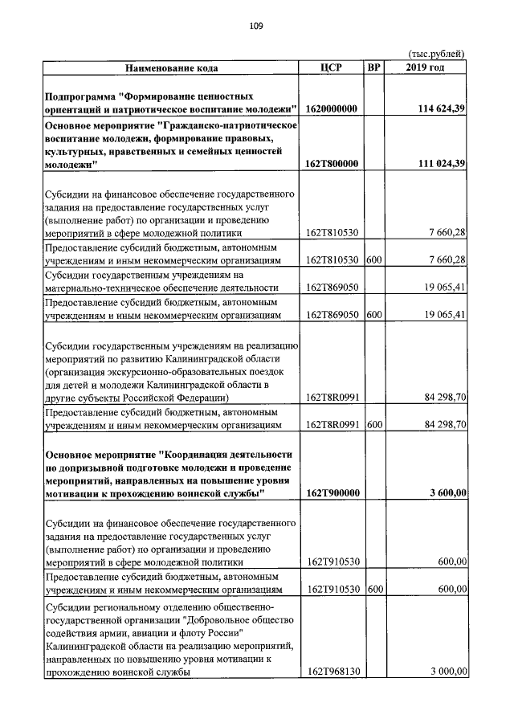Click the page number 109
click(x=256, y=26)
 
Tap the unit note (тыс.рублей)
click(x=437, y=53)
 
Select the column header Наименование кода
click(x=170, y=67)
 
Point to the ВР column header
click(x=373, y=67)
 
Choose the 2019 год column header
click(x=426, y=67)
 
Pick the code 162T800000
click(x=332, y=164)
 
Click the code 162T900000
click(x=332, y=492)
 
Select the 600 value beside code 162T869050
click(x=373, y=315)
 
